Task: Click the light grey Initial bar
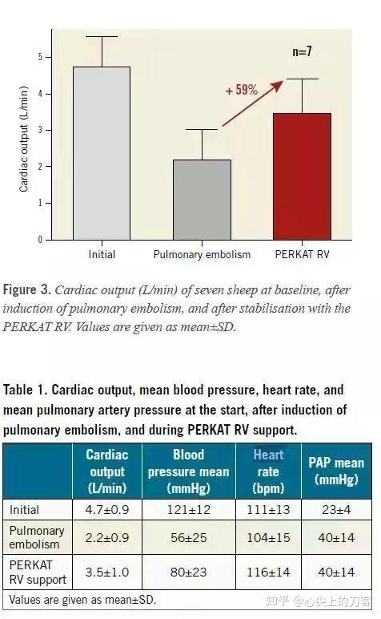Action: [x=102, y=153]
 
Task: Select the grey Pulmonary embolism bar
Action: [x=203, y=200]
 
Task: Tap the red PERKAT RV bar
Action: [x=303, y=176]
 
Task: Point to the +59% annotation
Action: [x=241, y=90]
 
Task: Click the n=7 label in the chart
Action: [x=302, y=51]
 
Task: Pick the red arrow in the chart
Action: [x=253, y=103]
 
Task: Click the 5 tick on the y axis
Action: [x=40, y=57]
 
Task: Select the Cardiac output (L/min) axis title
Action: [x=24, y=139]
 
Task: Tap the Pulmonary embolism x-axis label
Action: [x=202, y=255]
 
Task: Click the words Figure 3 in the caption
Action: [x=26, y=290]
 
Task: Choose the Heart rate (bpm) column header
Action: [x=268, y=471]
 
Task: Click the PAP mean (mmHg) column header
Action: [x=336, y=471]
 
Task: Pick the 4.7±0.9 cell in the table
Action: [x=107, y=510]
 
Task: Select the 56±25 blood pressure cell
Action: [x=189, y=538]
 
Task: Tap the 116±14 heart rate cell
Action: [x=268, y=572]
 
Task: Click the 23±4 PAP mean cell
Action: [x=336, y=510]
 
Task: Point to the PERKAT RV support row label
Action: [x=38, y=572]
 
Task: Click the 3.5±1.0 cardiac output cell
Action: [x=107, y=572]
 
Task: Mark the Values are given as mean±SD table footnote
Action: [x=82, y=600]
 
